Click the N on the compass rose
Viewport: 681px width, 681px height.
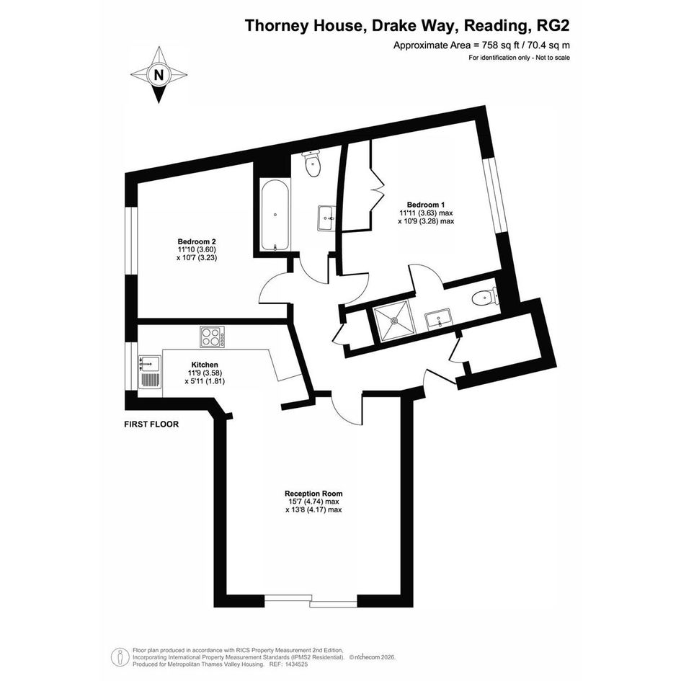[x=159, y=75]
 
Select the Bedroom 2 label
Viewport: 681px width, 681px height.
[x=197, y=241]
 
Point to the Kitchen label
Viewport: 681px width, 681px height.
[x=205, y=365]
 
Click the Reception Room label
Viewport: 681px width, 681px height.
[x=313, y=494]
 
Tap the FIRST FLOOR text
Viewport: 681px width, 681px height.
[x=151, y=424]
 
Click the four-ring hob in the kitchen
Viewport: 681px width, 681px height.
[x=213, y=337]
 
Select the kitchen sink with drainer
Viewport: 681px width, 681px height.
[x=149, y=372]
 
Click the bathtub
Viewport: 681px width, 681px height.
[x=275, y=216]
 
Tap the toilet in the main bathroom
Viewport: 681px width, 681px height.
[x=312, y=164]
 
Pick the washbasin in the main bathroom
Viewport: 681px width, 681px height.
[x=326, y=218]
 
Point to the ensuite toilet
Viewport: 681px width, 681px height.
[x=484, y=297]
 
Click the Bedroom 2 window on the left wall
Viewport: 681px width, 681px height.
[x=131, y=241]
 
